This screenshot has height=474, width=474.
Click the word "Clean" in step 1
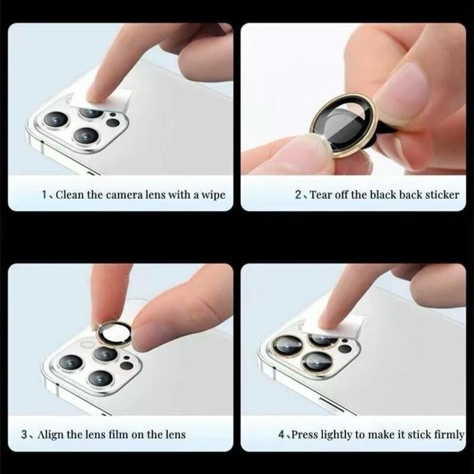click(x=70, y=195)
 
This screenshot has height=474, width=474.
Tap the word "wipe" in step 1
click(x=214, y=196)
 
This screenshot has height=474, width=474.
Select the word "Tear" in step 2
click(x=321, y=195)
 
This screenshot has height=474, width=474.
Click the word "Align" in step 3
click(x=50, y=435)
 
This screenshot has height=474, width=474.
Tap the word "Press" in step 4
click(x=305, y=435)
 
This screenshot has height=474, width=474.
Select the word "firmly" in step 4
click(x=449, y=435)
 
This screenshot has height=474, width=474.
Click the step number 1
click(x=44, y=195)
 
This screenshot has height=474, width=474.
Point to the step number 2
click(x=298, y=195)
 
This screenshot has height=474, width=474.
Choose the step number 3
click(x=24, y=435)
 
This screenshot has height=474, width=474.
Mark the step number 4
click(x=281, y=435)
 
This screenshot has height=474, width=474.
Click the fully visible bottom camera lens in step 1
click(x=87, y=136)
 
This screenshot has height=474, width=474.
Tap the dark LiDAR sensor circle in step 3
click(x=126, y=366)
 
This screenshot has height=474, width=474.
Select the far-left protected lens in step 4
click(x=287, y=345)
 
